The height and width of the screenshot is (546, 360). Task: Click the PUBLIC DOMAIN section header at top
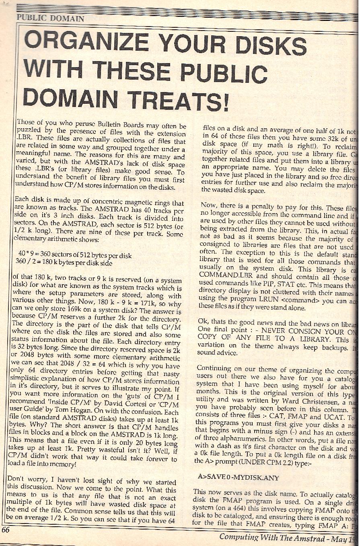click(50, 18)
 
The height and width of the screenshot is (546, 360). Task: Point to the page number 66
click(5, 530)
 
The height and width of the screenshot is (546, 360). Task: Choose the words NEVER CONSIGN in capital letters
click(285, 332)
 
